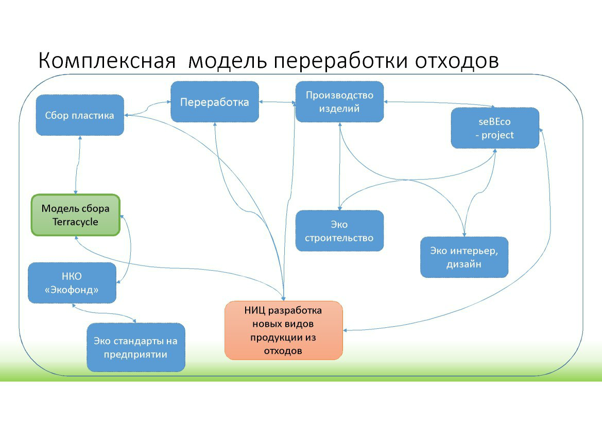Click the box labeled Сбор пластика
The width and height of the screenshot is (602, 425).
[x=80, y=115]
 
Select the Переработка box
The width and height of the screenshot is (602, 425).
[x=214, y=102]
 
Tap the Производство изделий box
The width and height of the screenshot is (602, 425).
[x=339, y=101]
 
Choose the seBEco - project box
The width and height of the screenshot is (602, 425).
[x=495, y=128]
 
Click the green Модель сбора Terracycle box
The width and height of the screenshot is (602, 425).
[x=76, y=215]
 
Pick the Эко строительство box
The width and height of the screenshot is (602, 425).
[x=339, y=231]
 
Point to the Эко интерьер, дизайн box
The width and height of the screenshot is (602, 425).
[x=464, y=257]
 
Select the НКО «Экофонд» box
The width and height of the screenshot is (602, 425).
[x=72, y=282]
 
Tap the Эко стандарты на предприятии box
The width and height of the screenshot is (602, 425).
[x=135, y=347]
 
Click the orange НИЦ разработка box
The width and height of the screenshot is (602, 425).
[x=284, y=330]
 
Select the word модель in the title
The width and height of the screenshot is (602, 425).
[x=227, y=61]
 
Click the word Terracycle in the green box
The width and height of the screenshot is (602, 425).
[x=75, y=222]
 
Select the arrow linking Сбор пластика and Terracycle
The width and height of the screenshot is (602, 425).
[x=77, y=165]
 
